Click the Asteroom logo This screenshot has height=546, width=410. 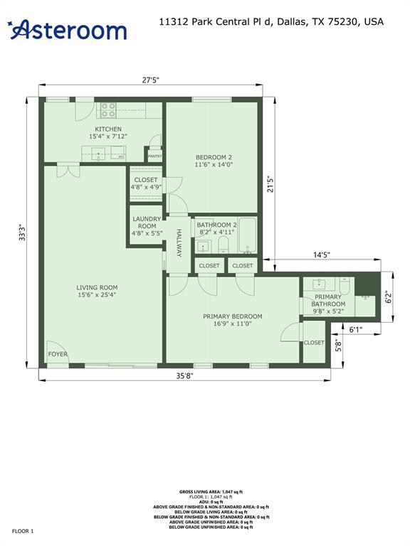click(x=68, y=29)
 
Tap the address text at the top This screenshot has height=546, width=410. click(x=271, y=22)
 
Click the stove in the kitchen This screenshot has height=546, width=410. click(x=108, y=110)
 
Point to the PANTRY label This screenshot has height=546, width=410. click(x=154, y=156)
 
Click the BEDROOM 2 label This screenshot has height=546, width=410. click(x=214, y=157)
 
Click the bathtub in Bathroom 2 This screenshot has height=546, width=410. click(x=248, y=234)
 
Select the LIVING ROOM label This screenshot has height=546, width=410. click(x=98, y=288)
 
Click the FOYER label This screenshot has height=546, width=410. click(x=57, y=354)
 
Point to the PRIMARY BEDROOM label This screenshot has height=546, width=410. click(x=232, y=316)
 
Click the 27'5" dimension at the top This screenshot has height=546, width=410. click(x=151, y=80)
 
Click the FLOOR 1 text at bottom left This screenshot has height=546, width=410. click(x=22, y=531)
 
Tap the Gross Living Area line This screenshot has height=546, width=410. click(x=206, y=491)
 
